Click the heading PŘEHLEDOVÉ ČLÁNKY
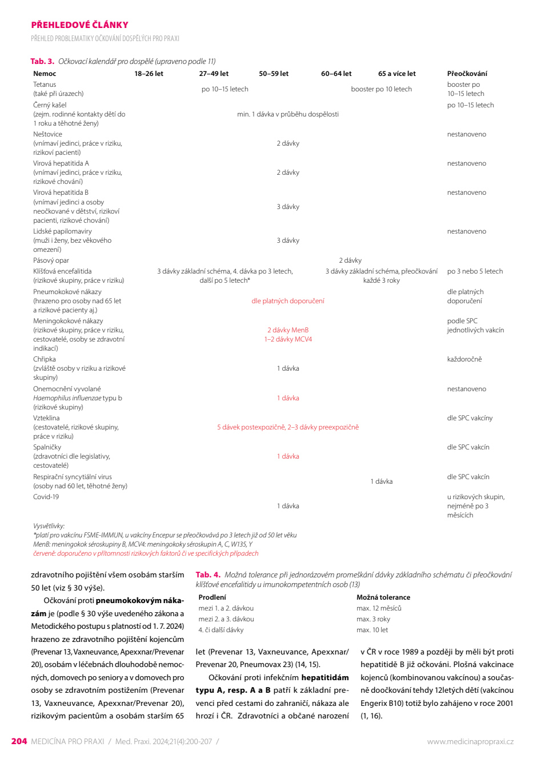[79, 25]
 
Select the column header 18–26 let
[149, 74]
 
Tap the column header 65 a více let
[396, 74]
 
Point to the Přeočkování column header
[467, 74]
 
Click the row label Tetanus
[45, 85]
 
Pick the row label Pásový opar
[51, 260]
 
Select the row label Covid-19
[46, 497]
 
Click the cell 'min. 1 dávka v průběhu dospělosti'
[288, 114]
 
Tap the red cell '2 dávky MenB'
[288, 330]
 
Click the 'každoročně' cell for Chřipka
[464, 359]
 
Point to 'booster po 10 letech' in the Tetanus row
[381, 89]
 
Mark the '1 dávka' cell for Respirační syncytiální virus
[381, 481]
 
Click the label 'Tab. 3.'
[42, 61]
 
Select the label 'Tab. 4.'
[208, 575]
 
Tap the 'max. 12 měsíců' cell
[379, 608]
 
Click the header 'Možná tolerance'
[383, 597]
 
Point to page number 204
[19, 741]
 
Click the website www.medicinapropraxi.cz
[470, 742]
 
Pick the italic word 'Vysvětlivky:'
[49, 526]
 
